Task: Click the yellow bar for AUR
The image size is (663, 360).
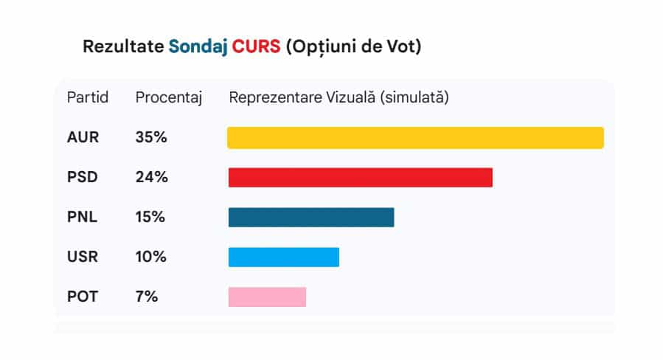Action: pyautogui.click(x=415, y=138)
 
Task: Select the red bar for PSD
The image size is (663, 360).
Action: pyautogui.click(x=360, y=178)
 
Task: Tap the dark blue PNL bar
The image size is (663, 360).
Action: pyautogui.click(x=310, y=218)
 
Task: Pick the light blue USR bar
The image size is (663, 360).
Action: pyautogui.click(x=283, y=257)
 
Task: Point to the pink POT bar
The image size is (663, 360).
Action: pyautogui.click(x=267, y=297)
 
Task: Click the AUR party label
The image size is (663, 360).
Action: pyautogui.click(x=83, y=138)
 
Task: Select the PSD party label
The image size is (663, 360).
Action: pyautogui.click(x=83, y=178)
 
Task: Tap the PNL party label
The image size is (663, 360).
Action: pyautogui.click(x=83, y=218)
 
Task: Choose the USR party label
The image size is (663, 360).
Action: pyautogui.click(x=83, y=257)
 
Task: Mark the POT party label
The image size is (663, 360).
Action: pyautogui.click(x=83, y=297)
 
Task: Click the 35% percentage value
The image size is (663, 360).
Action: pyautogui.click(x=151, y=138)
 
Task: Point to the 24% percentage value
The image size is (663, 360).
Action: pyautogui.click(x=151, y=178)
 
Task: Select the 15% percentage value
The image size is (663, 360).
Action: pyautogui.click(x=150, y=218)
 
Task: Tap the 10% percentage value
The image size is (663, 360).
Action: pyautogui.click(x=151, y=257)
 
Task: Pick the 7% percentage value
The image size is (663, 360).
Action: pyautogui.click(x=147, y=297)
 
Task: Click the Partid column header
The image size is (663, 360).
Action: pyautogui.click(x=88, y=97)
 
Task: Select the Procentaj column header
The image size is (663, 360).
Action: pyautogui.click(x=169, y=97)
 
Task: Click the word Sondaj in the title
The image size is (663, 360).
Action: pyautogui.click(x=198, y=47)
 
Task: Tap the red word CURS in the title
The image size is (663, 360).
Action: pyautogui.click(x=256, y=46)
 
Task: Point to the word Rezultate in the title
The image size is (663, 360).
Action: pyautogui.click(x=123, y=46)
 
